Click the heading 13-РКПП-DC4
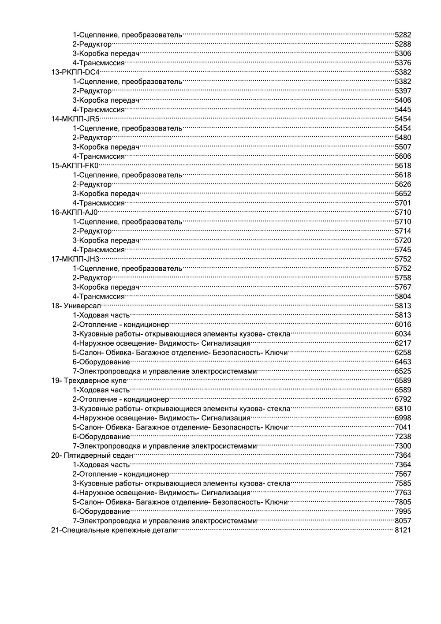click(75, 72)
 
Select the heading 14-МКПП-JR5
click(75, 119)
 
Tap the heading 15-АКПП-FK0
click(75, 166)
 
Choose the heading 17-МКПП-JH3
click(75, 259)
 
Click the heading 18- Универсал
click(76, 306)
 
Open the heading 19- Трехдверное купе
click(89, 381)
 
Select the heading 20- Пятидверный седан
click(92, 456)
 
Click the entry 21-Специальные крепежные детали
click(114, 530)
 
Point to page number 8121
click(403, 530)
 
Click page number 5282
click(403, 34)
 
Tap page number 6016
click(403, 325)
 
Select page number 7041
click(403, 427)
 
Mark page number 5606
click(403, 157)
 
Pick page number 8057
click(403, 521)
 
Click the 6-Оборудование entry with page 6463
click(101, 362)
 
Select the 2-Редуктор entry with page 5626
click(92, 184)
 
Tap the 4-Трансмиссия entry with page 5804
click(99, 297)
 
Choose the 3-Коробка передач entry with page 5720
click(106, 240)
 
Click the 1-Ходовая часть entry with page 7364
click(101, 465)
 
